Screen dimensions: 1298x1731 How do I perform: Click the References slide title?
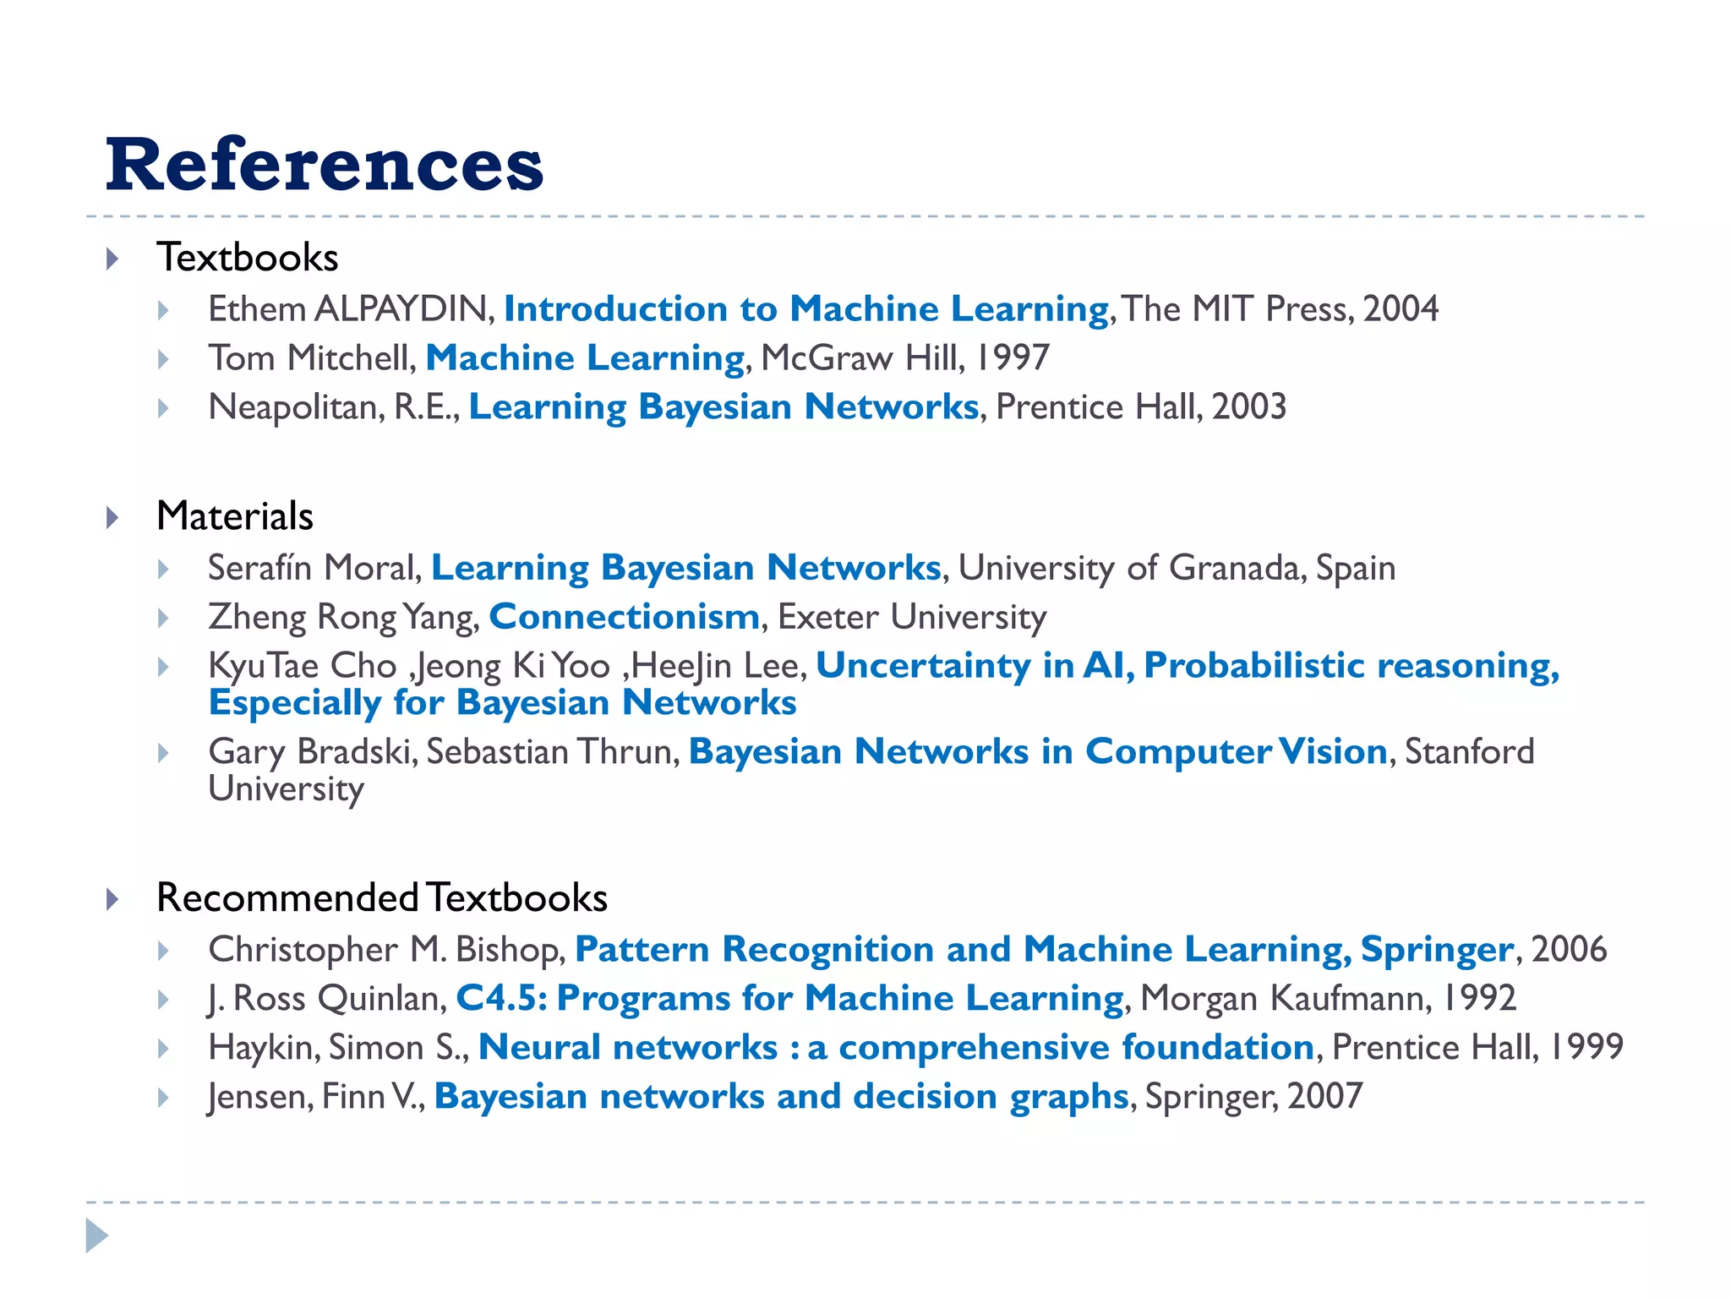pyautogui.click(x=325, y=164)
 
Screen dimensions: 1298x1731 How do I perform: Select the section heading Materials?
pyautogui.click(x=235, y=515)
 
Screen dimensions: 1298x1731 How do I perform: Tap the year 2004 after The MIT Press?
pyautogui.click(x=1401, y=309)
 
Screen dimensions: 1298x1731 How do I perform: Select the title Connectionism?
pyautogui.click(x=625, y=617)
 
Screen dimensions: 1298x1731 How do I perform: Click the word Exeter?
pyautogui.click(x=827, y=617)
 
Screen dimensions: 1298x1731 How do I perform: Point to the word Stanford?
pyautogui.click(x=1469, y=751)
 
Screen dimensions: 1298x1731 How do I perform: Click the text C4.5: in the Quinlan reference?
pyautogui.click(x=502, y=999)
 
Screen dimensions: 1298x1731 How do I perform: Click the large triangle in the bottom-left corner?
pyautogui.click(x=97, y=1235)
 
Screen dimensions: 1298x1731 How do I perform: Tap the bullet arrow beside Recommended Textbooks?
pyautogui.click(x=112, y=899)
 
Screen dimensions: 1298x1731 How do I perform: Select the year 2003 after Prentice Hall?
pyautogui.click(x=1249, y=407)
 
